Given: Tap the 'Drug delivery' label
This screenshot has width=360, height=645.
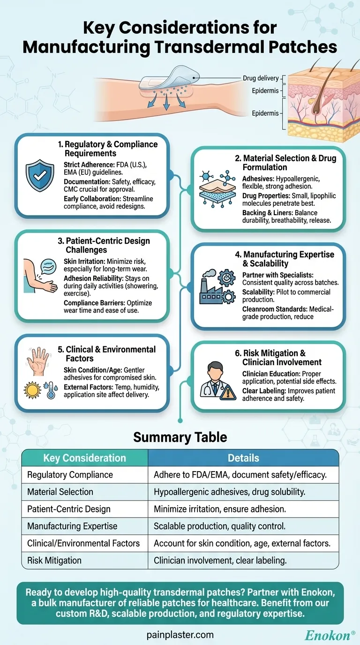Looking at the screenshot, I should coord(261,78).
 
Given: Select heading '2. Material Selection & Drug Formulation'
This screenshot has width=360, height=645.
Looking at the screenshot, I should coord(285,163).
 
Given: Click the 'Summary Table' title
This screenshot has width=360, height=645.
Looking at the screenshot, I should coord(180,437).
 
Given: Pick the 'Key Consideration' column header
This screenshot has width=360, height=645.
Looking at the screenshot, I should coord(84,458).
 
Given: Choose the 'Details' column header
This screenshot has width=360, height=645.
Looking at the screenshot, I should coord(243,458).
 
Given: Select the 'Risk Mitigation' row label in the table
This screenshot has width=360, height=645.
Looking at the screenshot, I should coord(54,560).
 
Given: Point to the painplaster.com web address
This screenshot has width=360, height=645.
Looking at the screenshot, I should coord(180,635).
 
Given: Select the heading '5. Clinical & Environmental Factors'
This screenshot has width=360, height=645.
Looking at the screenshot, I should coord(111,353).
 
